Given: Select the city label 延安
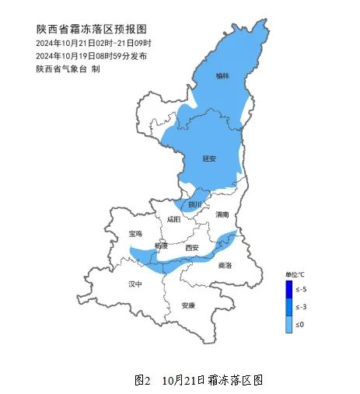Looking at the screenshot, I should point(208,159).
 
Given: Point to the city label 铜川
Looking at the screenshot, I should point(194,204).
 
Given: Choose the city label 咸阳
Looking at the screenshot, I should point(173,220).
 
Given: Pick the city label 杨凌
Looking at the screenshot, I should point(161,246).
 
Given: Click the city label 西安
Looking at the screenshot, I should point(191,248).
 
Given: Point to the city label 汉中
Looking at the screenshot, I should point(135,284).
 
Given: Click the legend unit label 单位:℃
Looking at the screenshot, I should point(295,275).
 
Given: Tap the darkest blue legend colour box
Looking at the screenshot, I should point(288,289).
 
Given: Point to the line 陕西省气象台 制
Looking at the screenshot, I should point(68,68).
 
